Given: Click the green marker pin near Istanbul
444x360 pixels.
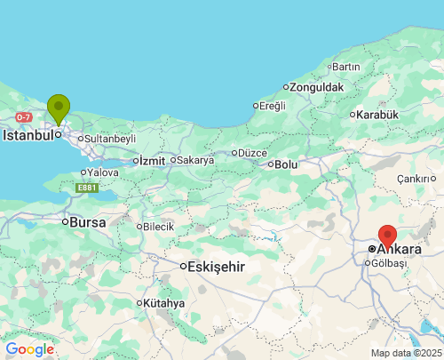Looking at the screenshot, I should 59,108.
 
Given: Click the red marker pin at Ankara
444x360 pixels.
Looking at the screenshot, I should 387,236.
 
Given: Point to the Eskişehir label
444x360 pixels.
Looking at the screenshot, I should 216,266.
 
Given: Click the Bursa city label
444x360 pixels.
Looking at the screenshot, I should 87,221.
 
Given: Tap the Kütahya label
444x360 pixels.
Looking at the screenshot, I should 163,303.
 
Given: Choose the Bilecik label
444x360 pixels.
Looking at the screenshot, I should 158,227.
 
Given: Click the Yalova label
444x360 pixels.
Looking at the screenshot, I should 103,172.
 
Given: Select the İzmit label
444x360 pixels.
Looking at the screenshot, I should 150,160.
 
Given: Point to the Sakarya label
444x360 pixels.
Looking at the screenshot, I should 195,160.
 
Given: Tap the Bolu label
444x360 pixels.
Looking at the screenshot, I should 286,164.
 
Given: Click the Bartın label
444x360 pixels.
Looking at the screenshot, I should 346,67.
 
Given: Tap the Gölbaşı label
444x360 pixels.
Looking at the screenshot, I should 389,264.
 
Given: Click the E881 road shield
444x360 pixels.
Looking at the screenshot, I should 86,188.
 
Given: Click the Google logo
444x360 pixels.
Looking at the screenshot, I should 29,349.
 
